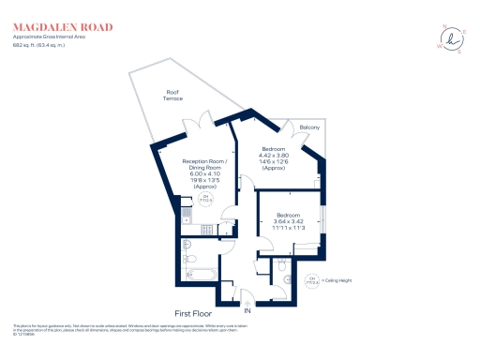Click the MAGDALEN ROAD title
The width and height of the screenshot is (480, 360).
coord(54,27)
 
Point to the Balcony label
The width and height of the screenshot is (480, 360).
coord(309,127)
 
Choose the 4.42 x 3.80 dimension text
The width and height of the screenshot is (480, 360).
coord(274,156)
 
